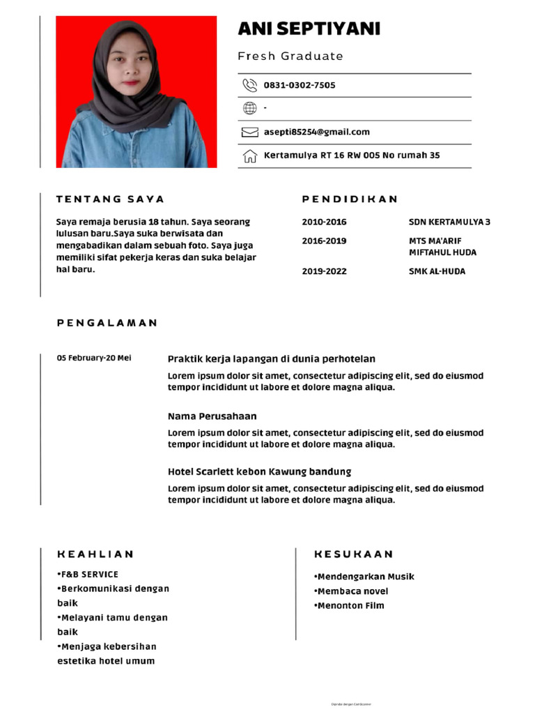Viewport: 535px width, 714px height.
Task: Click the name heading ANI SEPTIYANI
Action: click(x=309, y=29)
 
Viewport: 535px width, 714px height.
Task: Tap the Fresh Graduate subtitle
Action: click(x=290, y=56)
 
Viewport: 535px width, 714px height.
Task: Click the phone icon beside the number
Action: click(x=249, y=85)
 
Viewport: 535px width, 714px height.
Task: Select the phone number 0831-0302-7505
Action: click(x=299, y=85)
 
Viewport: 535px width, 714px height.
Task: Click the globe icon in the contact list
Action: click(x=249, y=108)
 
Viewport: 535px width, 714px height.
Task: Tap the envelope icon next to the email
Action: click(x=249, y=132)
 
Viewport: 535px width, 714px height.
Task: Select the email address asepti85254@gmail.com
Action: click(x=316, y=132)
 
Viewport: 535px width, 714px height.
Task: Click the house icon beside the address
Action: click(x=249, y=155)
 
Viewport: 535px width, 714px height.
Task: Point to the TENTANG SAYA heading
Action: click(x=110, y=199)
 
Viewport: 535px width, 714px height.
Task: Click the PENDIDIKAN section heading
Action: click(x=350, y=199)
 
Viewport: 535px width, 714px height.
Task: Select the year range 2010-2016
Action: click(x=324, y=222)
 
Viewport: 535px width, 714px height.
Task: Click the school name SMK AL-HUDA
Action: click(x=437, y=271)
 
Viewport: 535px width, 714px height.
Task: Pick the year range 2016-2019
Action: click(x=324, y=241)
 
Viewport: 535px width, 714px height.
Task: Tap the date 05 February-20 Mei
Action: click(x=94, y=358)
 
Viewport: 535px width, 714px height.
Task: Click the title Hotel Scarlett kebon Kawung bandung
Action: click(x=259, y=471)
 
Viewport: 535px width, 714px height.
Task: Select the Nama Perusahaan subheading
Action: click(x=212, y=416)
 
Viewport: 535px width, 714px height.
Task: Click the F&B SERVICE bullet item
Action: click(x=88, y=575)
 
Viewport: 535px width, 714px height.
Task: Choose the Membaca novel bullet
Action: click(x=351, y=591)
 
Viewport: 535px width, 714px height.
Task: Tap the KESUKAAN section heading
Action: click(x=354, y=554)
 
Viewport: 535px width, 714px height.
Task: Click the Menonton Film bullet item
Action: click(x=349, y=605)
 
